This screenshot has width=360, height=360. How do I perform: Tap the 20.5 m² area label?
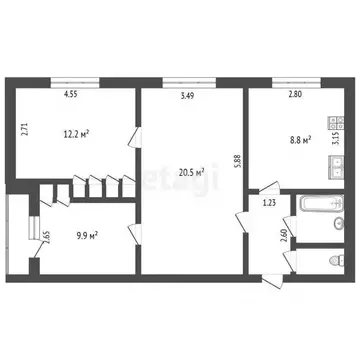coord(191,173)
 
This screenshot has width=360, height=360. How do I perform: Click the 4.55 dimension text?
coord(71,95)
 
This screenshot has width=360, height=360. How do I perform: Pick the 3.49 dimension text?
coord(187,95)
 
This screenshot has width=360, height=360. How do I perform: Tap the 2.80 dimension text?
coord(294,95)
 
